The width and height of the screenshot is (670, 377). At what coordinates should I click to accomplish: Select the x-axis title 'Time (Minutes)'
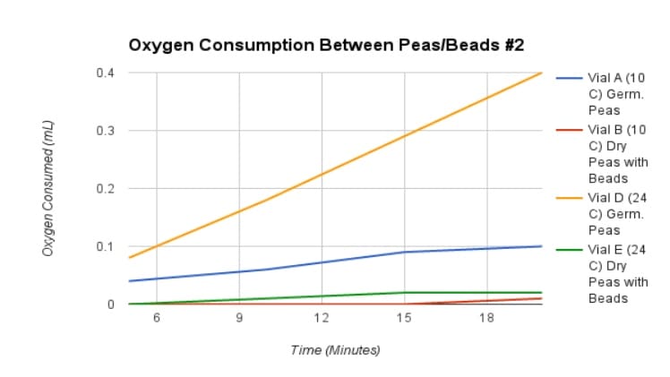click(335, 349)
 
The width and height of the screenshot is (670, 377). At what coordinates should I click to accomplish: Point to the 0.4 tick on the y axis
click(106, 73)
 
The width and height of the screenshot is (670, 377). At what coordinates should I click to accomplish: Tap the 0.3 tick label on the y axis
click(106, 131)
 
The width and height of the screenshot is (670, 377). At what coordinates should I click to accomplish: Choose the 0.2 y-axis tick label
click(106, 189)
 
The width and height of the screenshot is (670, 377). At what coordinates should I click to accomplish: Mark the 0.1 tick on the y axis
click(106, 246)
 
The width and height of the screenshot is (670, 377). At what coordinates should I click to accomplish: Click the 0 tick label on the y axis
click(111, 304)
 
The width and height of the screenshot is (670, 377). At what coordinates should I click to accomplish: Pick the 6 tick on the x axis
click(157, 319)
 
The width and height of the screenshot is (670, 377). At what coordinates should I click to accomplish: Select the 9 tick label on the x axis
click(239, 319)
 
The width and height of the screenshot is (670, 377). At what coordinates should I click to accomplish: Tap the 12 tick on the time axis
click(321, 319)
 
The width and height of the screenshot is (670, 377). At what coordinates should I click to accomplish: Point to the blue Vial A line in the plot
click(321, 262)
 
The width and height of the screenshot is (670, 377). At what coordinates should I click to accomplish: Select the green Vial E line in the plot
click(321, 296)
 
